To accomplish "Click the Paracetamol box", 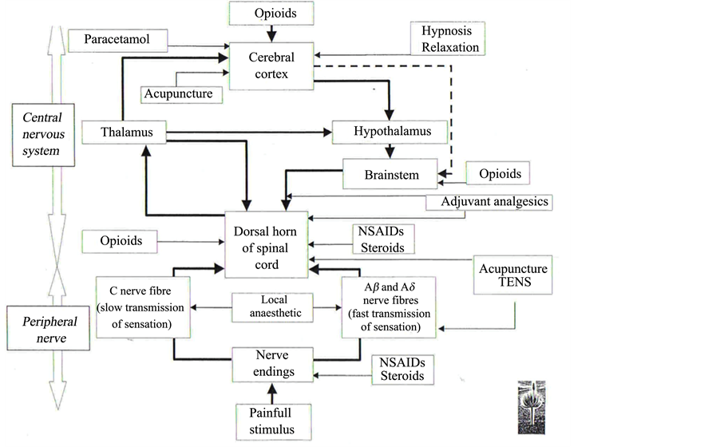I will click(x=120, y=39).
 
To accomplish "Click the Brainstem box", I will click(x=390, y=175).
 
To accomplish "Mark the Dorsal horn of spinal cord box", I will click(x=268, y=245).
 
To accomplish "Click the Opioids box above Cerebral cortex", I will click(x=271, y=14).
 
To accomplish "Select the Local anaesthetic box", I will click(x=268, y=307).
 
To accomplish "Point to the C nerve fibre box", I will click(x=144, y=307).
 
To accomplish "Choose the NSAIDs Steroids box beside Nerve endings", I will click(x=397, y=367).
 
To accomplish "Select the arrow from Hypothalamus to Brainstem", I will click(x=389, y=150).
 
